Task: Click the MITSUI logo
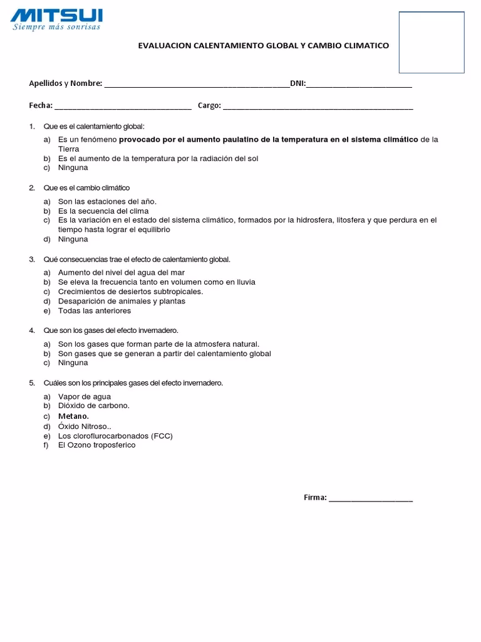coord(56,14)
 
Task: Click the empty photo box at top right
coord(431,41)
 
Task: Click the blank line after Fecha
coord(123,107)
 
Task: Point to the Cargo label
coord(209,105)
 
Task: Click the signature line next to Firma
coord(371,500)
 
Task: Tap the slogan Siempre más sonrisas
coord(56,27)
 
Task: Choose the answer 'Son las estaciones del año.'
coord(106,201)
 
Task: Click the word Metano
coord(73,416)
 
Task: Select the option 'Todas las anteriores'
coord(94,310)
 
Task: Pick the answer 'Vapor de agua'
coord(84,396)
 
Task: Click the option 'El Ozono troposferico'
coord(96,445)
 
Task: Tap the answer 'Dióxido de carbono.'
coord(93,406)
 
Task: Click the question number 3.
coord(32,259)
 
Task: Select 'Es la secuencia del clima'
coord(103,211)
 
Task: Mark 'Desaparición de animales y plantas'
coord(122,301)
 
